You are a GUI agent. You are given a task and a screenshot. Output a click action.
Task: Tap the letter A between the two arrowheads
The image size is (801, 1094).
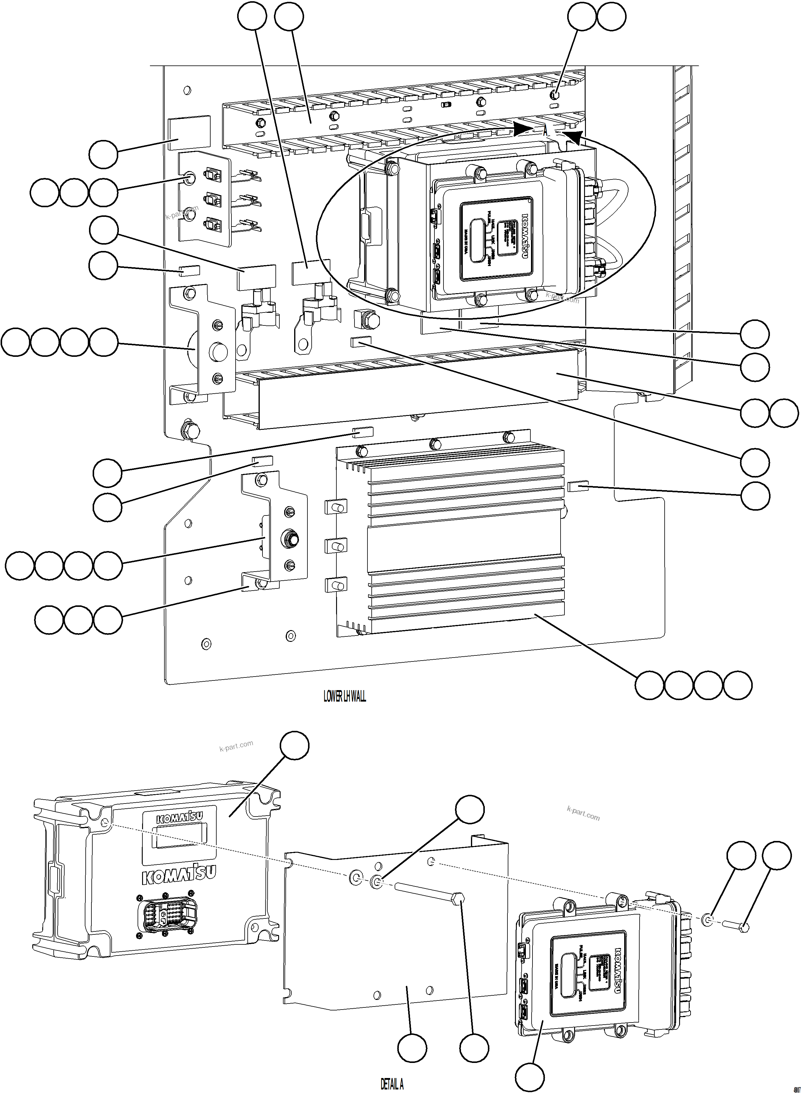click(x=545, y=131)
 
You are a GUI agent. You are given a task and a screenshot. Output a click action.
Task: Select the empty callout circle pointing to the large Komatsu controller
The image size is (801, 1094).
click(x=295, y=746)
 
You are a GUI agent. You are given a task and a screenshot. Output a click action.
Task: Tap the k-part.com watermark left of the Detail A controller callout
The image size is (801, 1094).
click(x=236, y=746)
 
